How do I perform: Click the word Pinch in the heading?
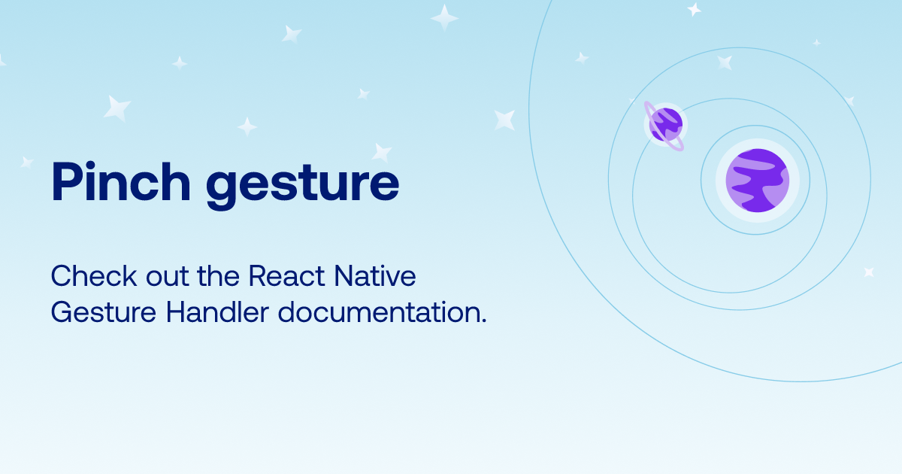click(x=121, y=181)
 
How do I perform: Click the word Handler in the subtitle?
click(x=217, y=312)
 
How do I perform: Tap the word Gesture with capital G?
click(x=104, y=312)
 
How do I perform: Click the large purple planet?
click(x=758, y=180)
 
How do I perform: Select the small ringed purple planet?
click(x=664, y=126)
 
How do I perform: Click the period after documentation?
click(x=484, y=321)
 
